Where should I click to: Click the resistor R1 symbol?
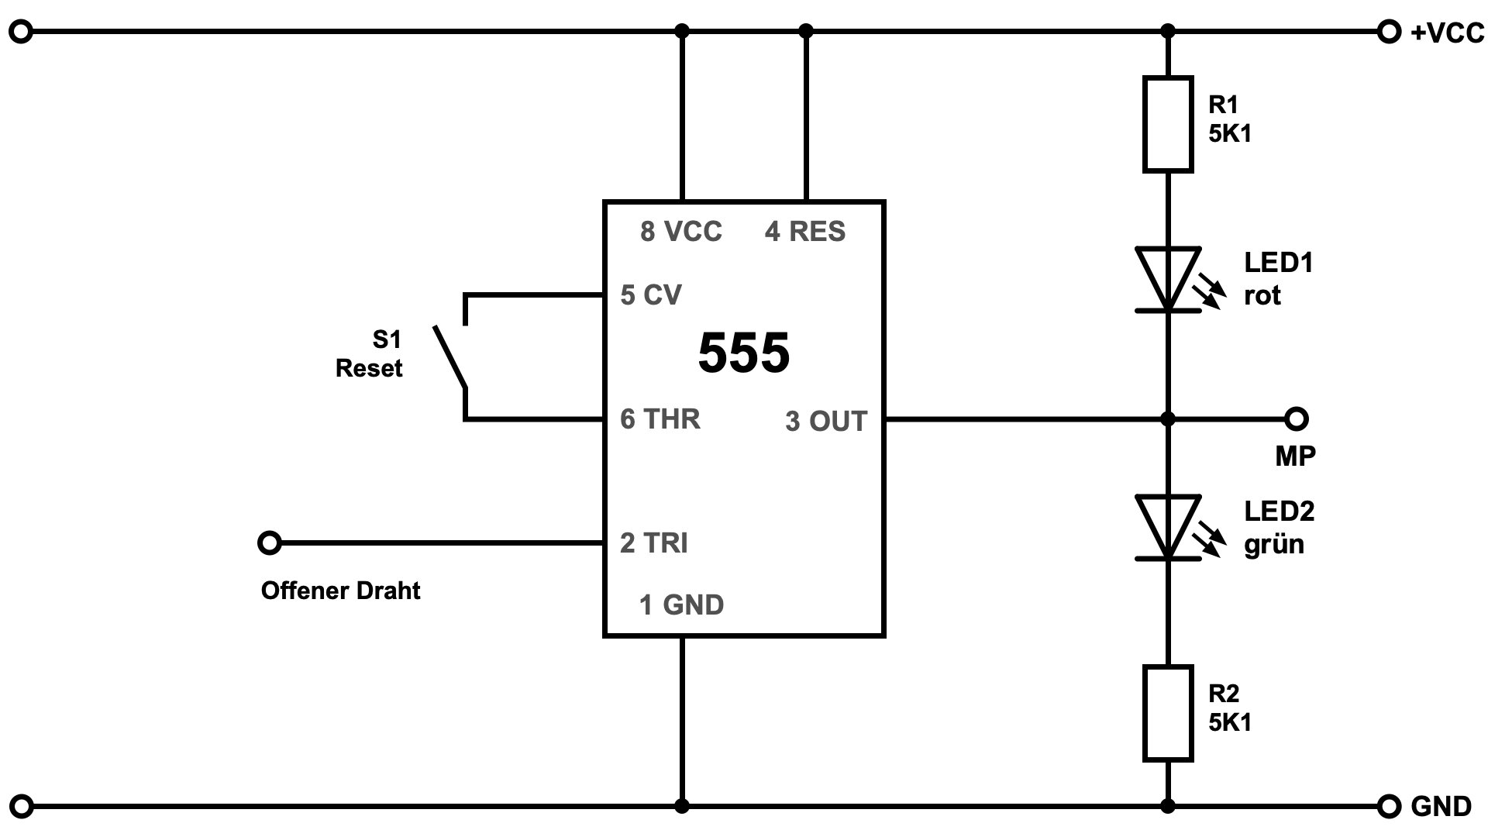tap(1168, 124)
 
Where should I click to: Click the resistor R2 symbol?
tap(1168, 713)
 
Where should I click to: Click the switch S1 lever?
tap(450, 356)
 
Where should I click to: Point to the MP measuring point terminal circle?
tap(1296, 419)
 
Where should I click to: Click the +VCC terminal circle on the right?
tap(1390, 32)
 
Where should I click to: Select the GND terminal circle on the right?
tap(1390, 807)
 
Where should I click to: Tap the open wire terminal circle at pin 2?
tap(269, 542)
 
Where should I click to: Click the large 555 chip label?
tap(744, 353)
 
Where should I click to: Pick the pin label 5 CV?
tap(651, 294)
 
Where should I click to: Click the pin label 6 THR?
tap(660, 419)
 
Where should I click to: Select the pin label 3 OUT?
tap(825, 421)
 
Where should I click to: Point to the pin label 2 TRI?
tap(654, 543)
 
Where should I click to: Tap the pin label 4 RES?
tap(805, 231)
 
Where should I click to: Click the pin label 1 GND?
tap(681, 604)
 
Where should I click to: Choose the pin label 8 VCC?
tap(681, 231)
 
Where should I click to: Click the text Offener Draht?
tap(341, 591)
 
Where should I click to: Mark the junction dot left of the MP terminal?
tap(1168, 419)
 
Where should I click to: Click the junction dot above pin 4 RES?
tap(806, 32)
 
